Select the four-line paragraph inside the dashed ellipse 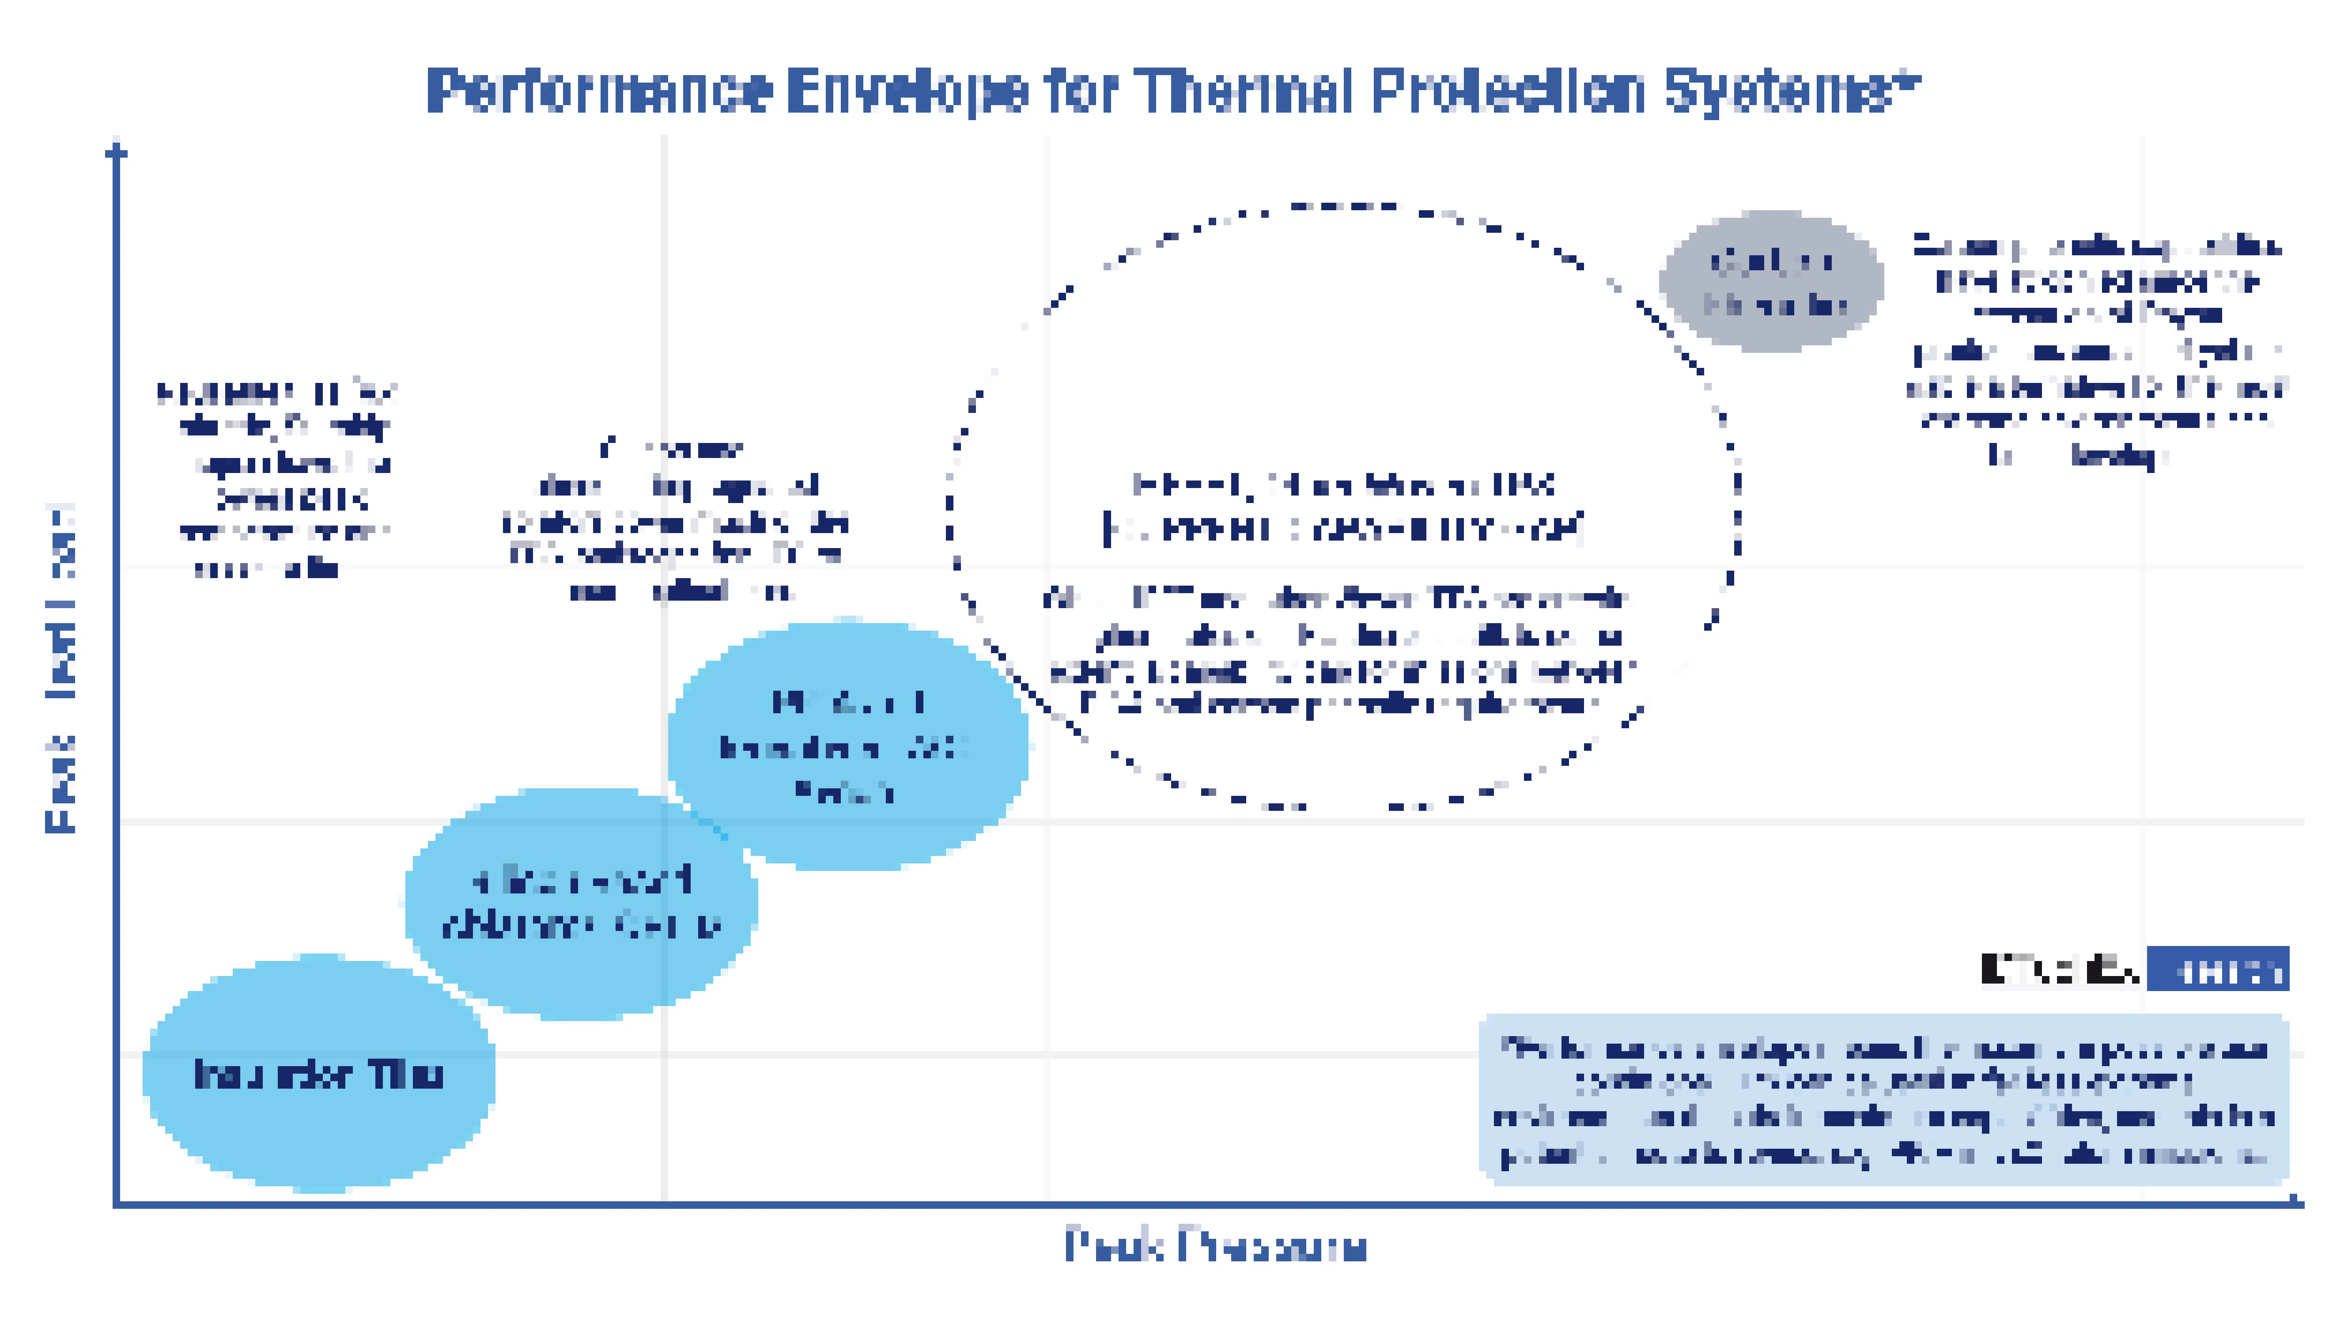point(1339,652)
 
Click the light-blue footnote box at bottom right point(1883,1099)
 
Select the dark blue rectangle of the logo point(2217,969)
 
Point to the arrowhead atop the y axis point(116,150)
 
